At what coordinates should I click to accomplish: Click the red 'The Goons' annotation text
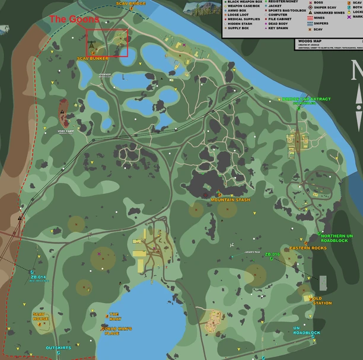[66, 19]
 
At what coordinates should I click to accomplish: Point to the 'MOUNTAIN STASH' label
[230, 200]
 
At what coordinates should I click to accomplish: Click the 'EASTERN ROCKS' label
[308, 248]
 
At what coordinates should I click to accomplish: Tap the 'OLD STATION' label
[322, 301]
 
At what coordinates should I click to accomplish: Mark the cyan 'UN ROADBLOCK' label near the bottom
[306, 330]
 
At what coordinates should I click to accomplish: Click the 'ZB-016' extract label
[272, 254]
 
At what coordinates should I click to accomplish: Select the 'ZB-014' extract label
[39, 277]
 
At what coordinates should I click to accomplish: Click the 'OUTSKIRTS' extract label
[58, 348]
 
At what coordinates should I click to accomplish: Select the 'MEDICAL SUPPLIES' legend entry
[244, 19]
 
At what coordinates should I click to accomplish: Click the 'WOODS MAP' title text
[306, 40]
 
